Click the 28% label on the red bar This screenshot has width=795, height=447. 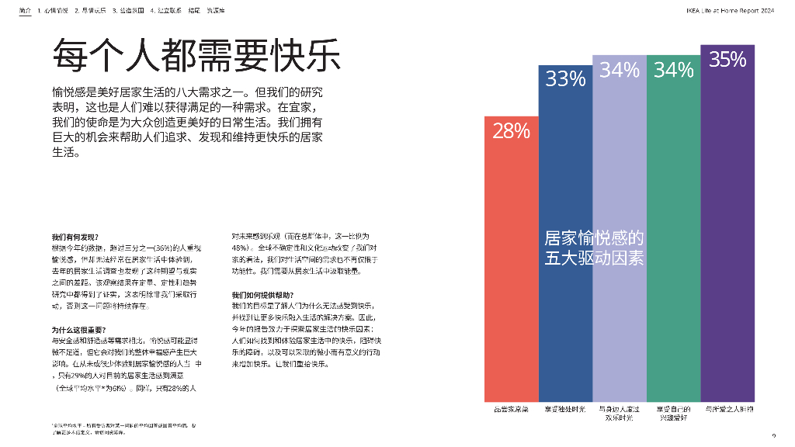[512, 131]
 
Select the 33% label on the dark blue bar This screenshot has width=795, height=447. [565, 78]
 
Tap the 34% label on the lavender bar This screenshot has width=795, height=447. [619, 71]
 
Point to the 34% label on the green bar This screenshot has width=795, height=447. [673, 71]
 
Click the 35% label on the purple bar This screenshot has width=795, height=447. [727, 60]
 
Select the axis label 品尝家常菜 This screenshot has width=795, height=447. [512, 408]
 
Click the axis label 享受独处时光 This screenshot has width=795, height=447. [565, 408]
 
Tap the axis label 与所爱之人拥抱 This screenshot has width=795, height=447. [727, 408]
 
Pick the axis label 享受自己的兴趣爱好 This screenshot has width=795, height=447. [673, 412]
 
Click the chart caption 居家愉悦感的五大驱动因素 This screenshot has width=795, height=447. [594, 248]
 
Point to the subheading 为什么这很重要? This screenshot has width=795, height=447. [78, 329]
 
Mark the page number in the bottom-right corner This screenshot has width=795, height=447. [773, 435]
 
